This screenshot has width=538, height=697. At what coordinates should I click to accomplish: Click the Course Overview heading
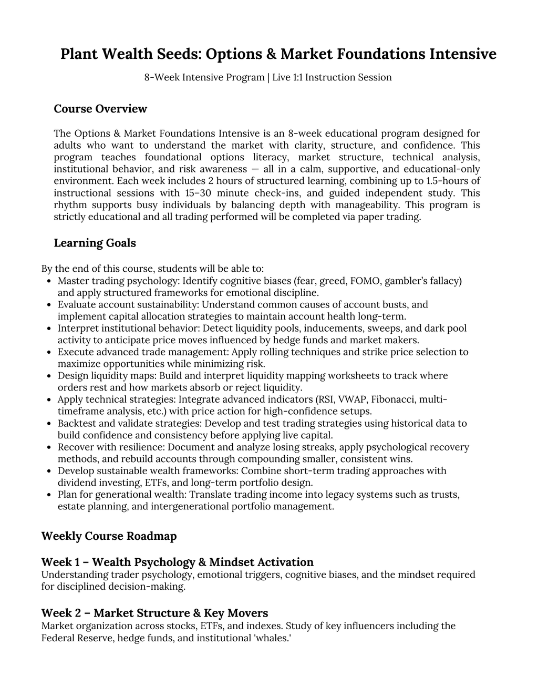[100, 109]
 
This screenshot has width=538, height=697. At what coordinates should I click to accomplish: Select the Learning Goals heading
[95, 243]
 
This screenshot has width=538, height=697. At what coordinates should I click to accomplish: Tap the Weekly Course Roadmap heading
[109, 536]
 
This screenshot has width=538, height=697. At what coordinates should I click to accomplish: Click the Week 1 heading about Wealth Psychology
[177, 562]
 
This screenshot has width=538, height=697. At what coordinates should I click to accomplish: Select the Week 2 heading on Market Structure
[154, 613]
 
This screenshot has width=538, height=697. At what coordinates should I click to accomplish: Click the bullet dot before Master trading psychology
[48, 281]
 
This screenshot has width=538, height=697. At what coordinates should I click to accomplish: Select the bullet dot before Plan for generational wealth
[48, 495]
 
